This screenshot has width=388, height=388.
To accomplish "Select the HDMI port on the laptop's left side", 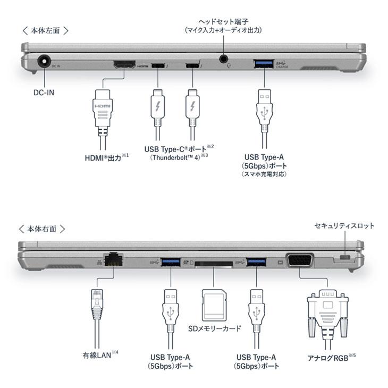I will (x=123, y=65).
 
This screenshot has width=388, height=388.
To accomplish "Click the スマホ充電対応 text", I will (x=264, y=174).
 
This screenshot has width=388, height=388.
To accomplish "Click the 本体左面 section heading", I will (x=47, y=30).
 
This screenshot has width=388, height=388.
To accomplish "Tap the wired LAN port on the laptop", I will (x=112, y=259).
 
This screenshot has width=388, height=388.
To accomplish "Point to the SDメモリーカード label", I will (x=215, y=328).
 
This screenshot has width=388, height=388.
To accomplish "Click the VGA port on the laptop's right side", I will (x=300, y=260).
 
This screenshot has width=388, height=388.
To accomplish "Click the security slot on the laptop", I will (x=345, y=258).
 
